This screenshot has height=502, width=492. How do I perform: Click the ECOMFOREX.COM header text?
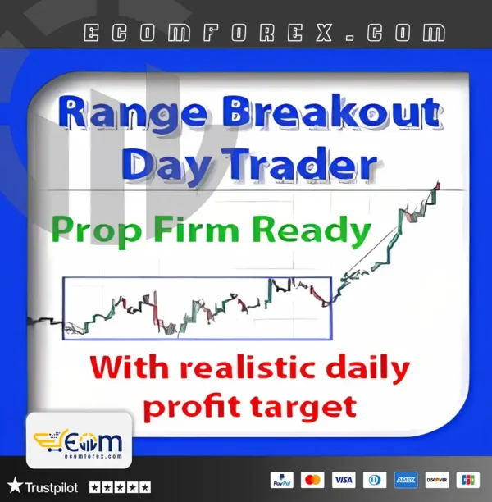(265, 33)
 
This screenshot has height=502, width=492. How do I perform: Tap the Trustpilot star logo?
(15, 486)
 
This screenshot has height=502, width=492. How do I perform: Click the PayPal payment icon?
(281, 480)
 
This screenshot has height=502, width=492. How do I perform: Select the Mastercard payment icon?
(312, 480)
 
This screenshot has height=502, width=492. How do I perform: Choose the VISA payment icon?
(344, 480)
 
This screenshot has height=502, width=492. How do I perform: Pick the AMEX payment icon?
(405, 480)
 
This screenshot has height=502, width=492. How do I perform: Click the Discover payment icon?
(436, 480)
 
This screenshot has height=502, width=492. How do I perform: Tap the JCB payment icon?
(467, 480)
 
